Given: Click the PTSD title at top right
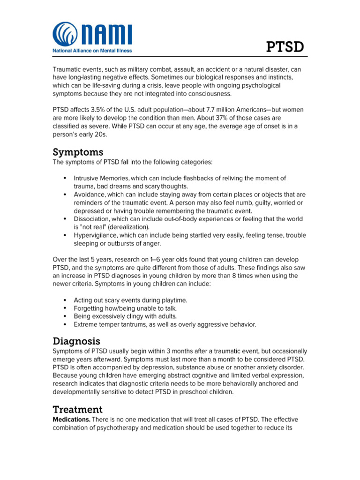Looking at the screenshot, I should click(x=285, y=47).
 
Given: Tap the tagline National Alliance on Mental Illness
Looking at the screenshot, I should click(x=92, y=51).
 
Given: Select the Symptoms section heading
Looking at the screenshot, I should click(x=78, y=152).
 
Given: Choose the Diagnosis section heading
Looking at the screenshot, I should click(x=76, y=341).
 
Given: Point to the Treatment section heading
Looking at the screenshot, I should click(x=77, y=409).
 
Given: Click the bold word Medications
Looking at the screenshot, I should click(x=71, y=419).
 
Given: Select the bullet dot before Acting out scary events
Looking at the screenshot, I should click(x=64, y=300).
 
